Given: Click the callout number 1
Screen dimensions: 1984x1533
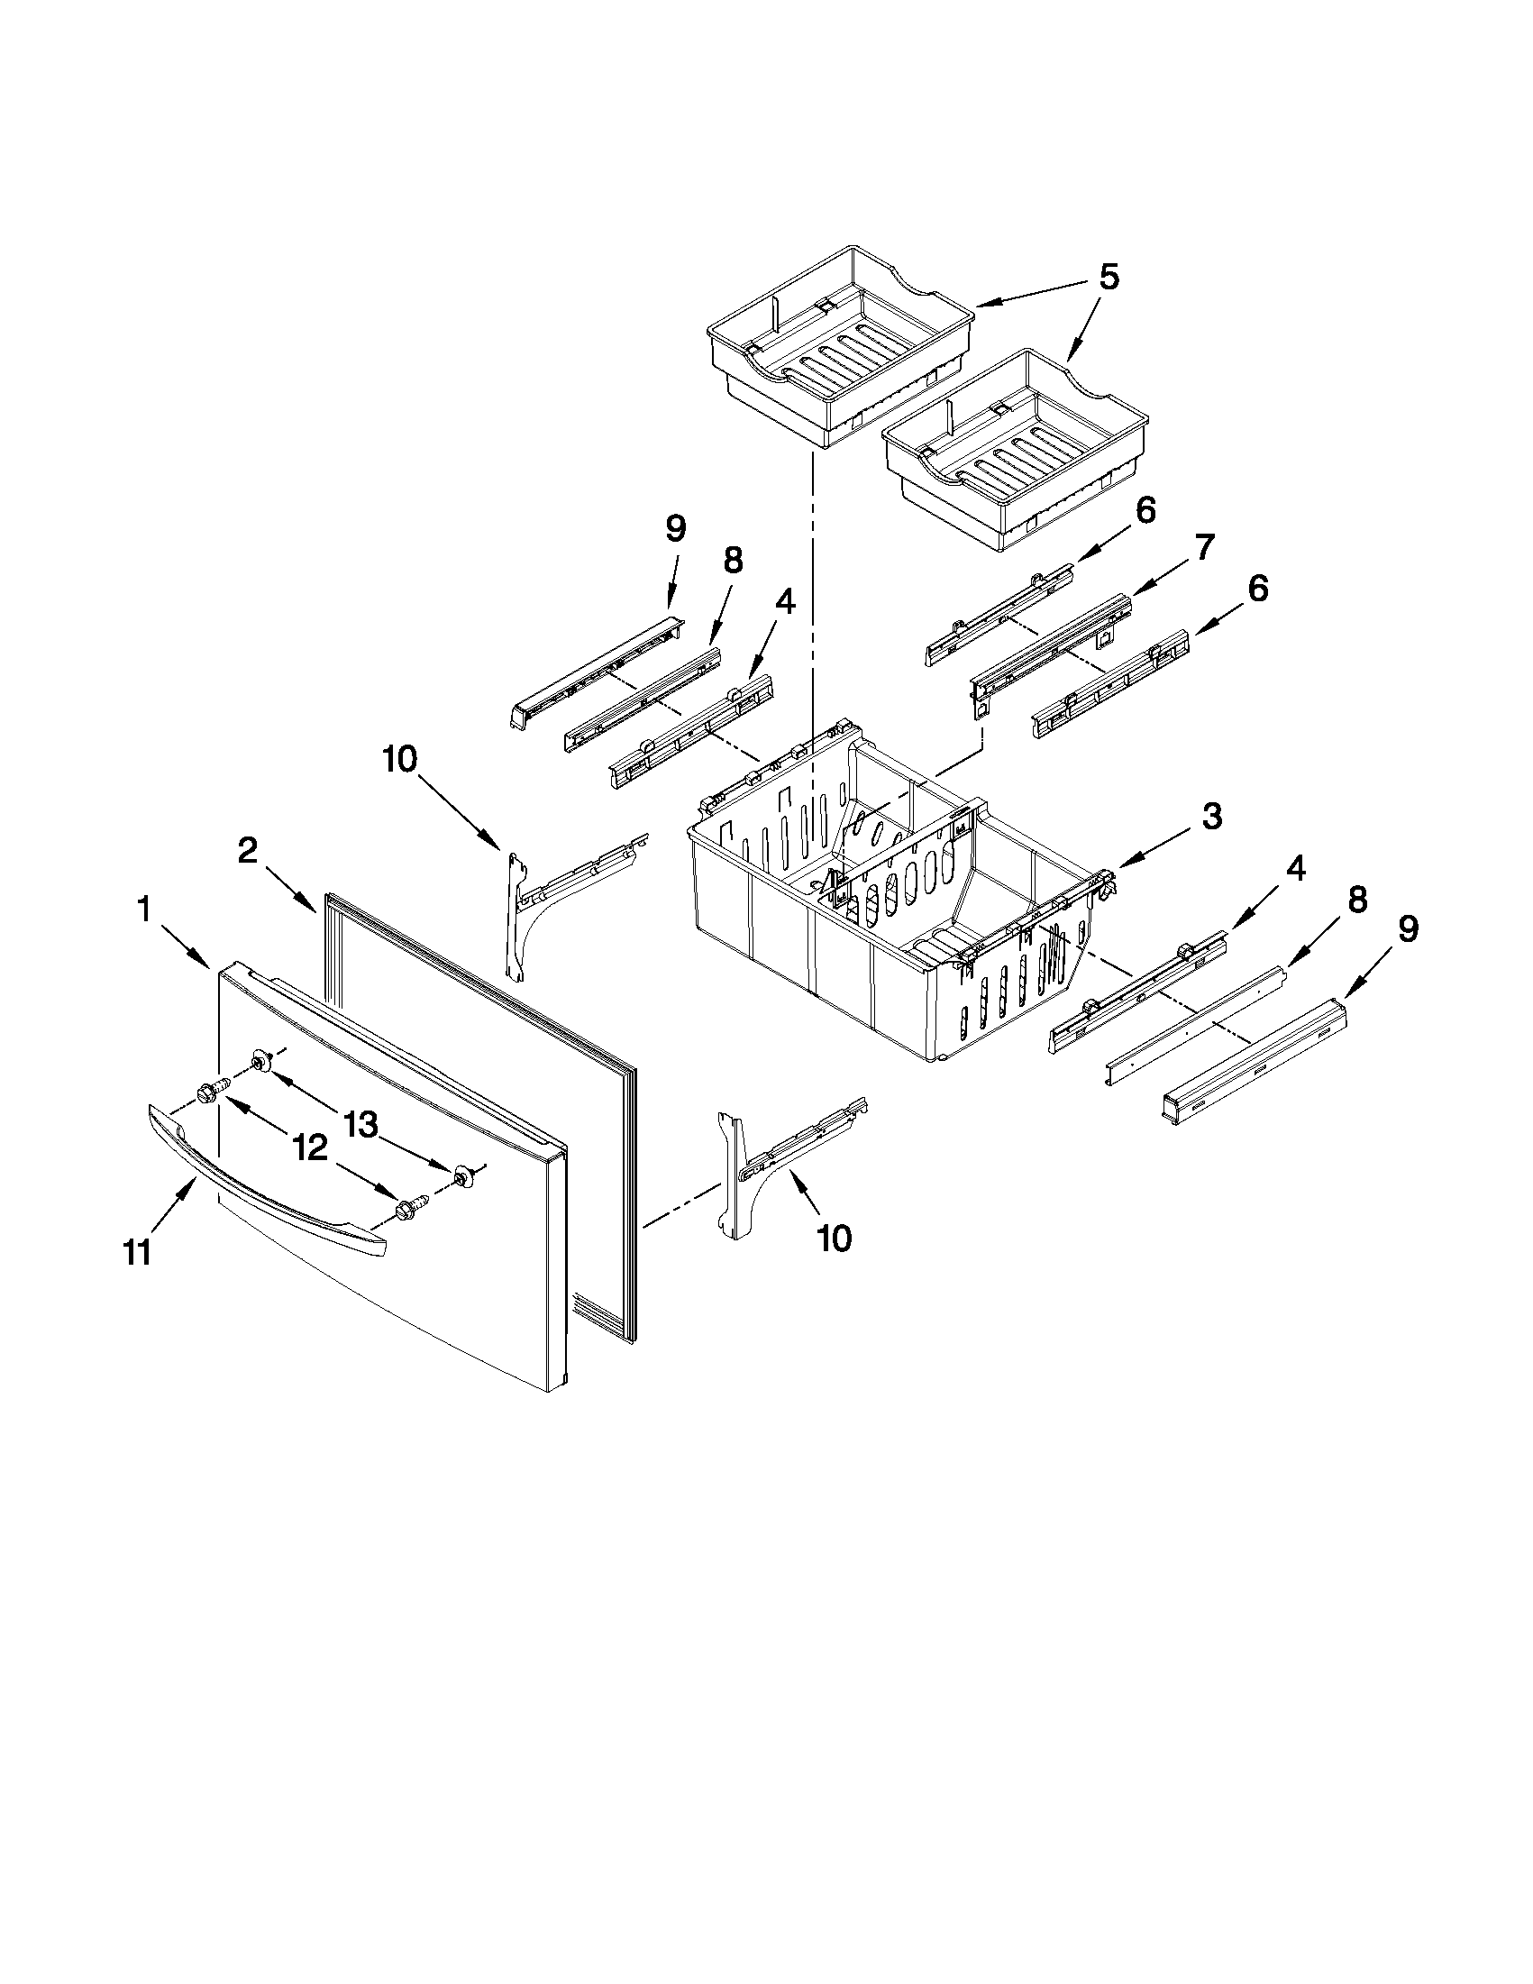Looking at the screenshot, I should point(143,910).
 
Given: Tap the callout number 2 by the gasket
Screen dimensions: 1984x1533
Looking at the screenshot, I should point(247,851).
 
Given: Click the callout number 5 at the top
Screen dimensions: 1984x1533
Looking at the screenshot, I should point(1108,277).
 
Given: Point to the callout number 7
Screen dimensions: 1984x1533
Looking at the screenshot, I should point(1203,549).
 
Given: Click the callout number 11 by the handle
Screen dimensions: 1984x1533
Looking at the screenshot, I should point(136,1253).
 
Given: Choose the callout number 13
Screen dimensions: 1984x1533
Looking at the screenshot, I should point(360,1124).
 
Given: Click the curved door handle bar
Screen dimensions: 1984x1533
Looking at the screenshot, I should point(263,1181).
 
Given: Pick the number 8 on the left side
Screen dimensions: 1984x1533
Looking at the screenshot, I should point(732,562).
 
